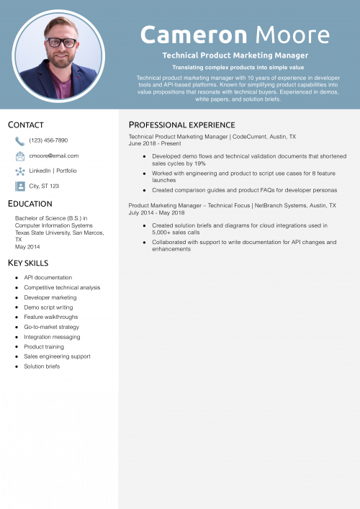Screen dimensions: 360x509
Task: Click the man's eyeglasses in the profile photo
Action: [61, 42]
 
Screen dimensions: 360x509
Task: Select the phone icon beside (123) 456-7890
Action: [20, 140]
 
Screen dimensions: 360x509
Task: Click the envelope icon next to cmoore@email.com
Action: [20, 156]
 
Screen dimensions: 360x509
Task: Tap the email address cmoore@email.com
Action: [54, 156]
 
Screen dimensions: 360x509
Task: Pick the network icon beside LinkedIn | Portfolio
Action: [20, 171]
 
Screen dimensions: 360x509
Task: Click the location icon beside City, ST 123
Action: [20, 186]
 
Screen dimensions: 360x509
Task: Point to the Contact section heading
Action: [26, 125]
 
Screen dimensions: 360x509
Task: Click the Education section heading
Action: [30, 204]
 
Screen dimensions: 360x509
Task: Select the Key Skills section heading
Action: [28, 263]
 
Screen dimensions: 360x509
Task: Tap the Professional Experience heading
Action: [181, 125]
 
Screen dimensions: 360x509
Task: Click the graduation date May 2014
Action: [27, 247]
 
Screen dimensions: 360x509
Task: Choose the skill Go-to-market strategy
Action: [52, 327]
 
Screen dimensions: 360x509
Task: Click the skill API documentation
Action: [48, 277]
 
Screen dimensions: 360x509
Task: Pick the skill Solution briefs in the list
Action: [42, 366]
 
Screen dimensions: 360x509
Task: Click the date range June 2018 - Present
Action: [155, 143]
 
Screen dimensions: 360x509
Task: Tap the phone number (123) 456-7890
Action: [48, 140]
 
